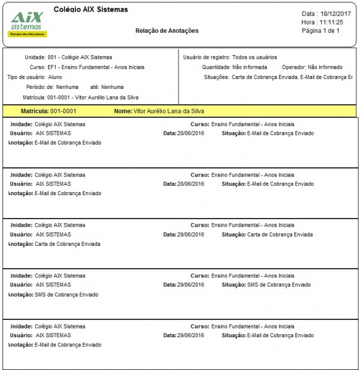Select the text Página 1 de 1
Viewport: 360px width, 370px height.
coord(320,30)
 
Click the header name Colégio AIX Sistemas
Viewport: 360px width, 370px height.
coord(91,10)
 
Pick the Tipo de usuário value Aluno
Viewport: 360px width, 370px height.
coord(56,77)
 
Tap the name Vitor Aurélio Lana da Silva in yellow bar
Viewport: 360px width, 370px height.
coord(169,111)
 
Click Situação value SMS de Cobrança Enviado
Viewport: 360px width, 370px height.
coord(278,285)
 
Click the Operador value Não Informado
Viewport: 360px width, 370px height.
coord(326,67)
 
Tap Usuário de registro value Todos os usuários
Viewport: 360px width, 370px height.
coord(254,57)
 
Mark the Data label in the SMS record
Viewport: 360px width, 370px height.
coord(169,285)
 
